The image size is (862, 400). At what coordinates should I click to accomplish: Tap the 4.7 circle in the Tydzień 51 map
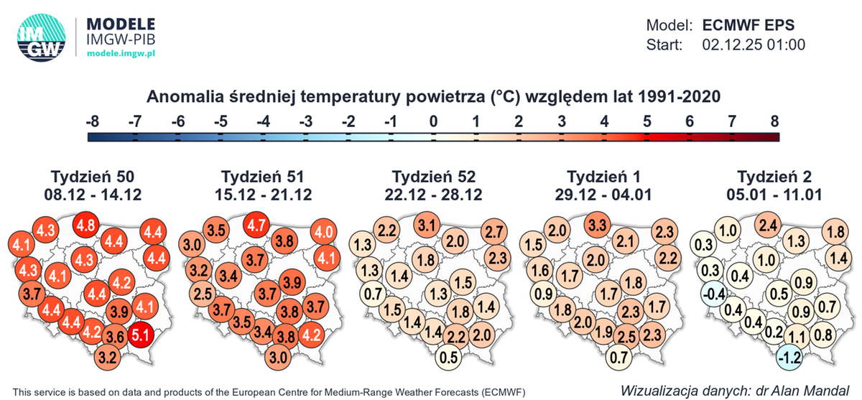pos(256,225)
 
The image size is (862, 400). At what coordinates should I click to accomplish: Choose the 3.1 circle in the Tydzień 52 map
pos(427,225)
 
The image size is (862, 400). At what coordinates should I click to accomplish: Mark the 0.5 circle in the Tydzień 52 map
pos(450,356)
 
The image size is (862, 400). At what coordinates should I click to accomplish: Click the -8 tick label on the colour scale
pos(92,121)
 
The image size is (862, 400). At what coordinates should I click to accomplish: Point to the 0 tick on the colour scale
pos(433,121)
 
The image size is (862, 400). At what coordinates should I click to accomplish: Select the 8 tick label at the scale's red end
pos(774,121)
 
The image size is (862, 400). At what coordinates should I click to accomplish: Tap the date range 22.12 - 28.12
pos(434,195)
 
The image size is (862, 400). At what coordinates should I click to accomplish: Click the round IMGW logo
pos(42,37)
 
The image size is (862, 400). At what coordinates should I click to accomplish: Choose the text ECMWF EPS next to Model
pos(749,24)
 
